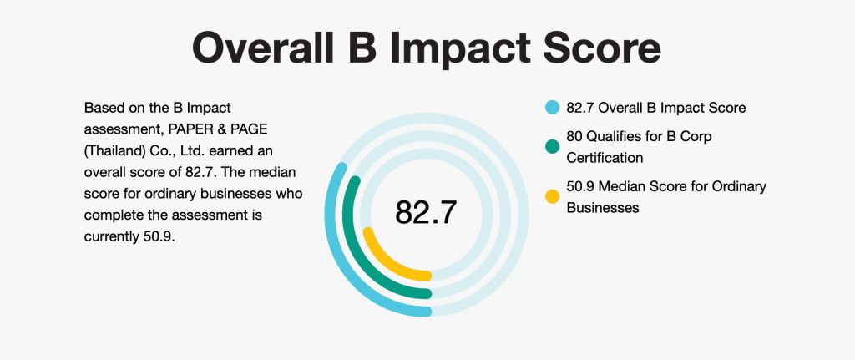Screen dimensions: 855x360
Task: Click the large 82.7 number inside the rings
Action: coord(426,212)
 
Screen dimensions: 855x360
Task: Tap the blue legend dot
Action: coord(553,108)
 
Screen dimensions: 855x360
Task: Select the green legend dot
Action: coord(553,146)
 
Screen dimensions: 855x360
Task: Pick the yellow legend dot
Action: coord(553,196)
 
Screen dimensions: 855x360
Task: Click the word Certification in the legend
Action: coord(605,158)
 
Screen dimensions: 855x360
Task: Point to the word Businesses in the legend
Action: coord(603,208)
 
